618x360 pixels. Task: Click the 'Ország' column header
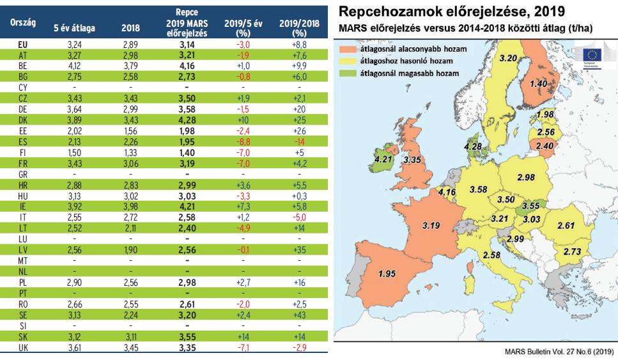[x=24, y=22]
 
